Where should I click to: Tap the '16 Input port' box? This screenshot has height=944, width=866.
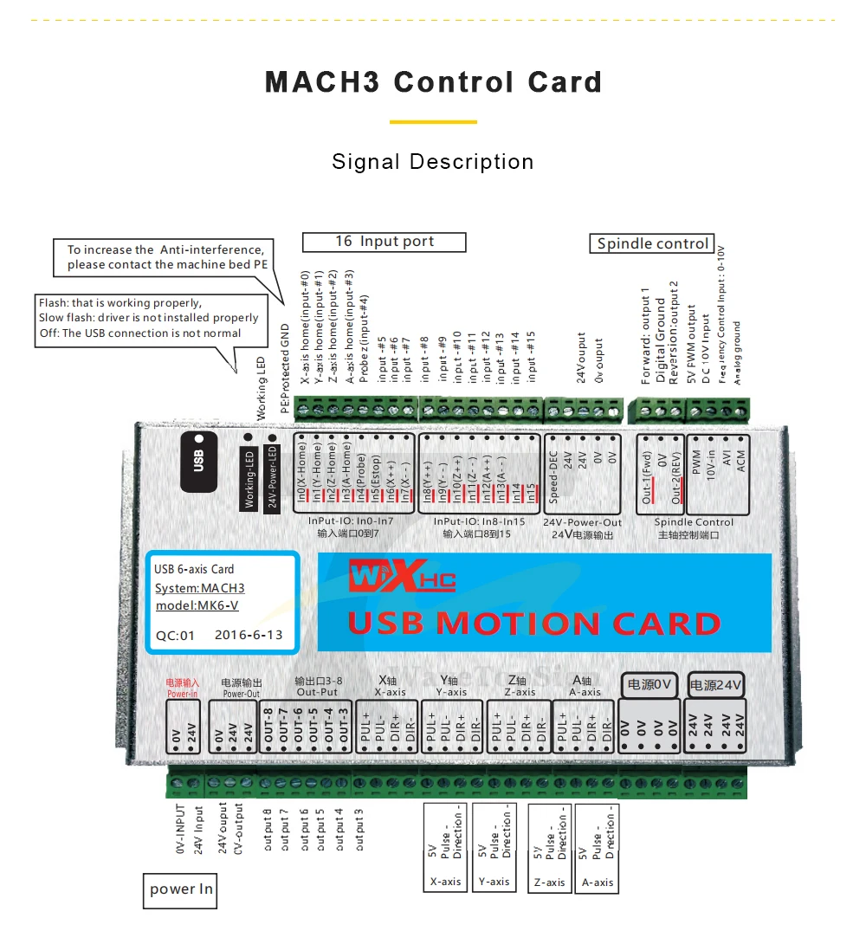pos(384,242)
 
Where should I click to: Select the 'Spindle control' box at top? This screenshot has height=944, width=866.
pos(652,243)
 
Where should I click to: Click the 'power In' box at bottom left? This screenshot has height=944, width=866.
pos(180,889)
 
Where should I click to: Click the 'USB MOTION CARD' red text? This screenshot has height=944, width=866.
pos(533,624)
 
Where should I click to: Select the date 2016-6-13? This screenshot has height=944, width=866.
pos(248,635)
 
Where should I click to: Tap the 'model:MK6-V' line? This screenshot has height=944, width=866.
pos(197,605)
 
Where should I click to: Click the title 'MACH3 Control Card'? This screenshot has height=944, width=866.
pos(433,82)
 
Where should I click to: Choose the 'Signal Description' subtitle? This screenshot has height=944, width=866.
pos(433,162)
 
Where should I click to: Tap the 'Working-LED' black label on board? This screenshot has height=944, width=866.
pos(249,478)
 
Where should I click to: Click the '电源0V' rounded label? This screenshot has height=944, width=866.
pos(649,685)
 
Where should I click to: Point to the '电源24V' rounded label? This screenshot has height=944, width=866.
pos(716,685)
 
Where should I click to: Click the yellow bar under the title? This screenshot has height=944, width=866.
pos(433,122)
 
